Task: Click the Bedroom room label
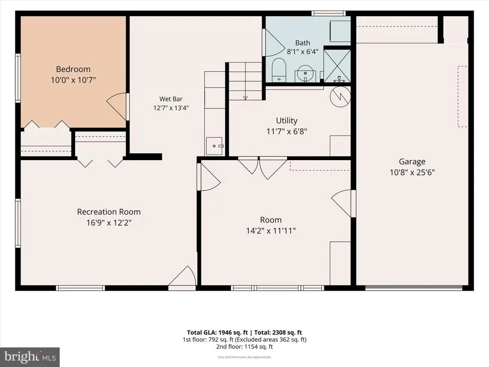point(73,69)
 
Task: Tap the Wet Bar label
point(171,99)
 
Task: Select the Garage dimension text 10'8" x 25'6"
point(412,172)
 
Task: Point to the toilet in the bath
point(278,70)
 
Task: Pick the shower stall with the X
point(337,65)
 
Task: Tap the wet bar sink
point(214,146)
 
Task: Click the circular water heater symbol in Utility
point(340,97)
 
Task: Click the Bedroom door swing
point(117,107)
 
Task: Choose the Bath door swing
point(274,43)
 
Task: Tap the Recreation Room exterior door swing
point(182,276)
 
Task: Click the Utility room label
point(287,120)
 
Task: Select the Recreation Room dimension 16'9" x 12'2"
point(109,223)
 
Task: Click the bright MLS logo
point(30,357)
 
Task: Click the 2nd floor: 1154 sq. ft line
point(244,347)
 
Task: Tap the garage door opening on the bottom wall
point(414,287)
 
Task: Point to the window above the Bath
point(329,13)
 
